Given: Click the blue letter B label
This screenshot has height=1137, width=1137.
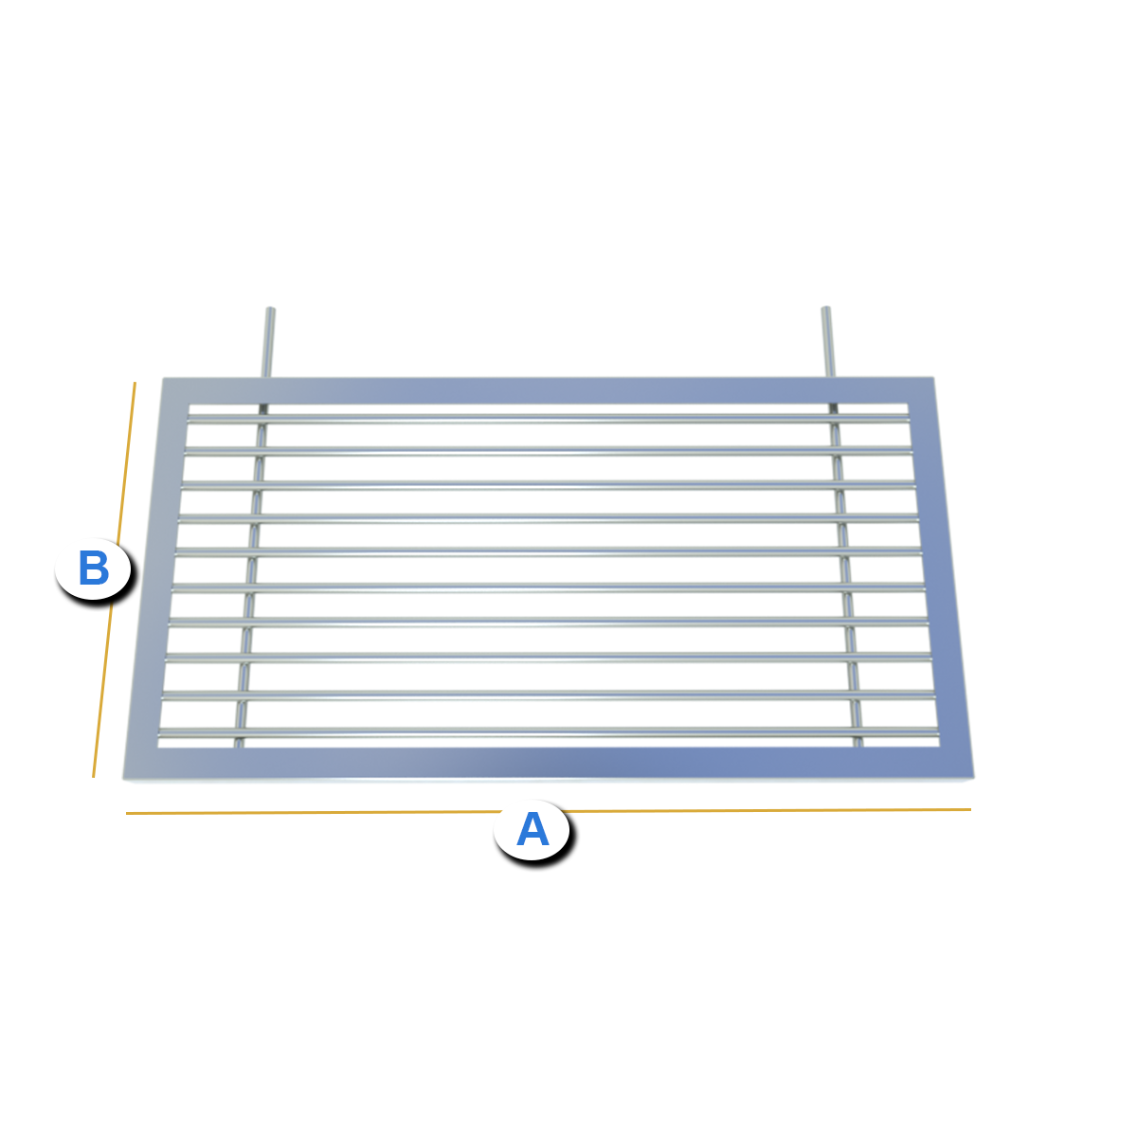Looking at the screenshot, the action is pos(93,568).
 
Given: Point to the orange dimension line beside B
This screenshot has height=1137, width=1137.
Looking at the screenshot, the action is pos(114,580).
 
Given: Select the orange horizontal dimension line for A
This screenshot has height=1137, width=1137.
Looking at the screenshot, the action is pos(549,811).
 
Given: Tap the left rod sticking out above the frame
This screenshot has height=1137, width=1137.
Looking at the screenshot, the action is pos(268,342).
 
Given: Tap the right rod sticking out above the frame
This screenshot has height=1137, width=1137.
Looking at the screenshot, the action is pos(828,341).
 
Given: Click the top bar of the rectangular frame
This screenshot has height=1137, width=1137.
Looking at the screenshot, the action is pos(548,390).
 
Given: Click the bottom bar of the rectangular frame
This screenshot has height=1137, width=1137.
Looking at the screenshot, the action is pos(549,763).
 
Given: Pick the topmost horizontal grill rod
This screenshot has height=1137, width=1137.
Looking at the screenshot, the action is pos(549,419).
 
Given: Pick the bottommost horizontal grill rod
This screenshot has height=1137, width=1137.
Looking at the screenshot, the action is pos(549,733).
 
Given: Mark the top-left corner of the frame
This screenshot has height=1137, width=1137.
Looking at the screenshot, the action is pos(163,378).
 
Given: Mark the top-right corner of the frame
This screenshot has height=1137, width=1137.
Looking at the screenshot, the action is pos(934,378).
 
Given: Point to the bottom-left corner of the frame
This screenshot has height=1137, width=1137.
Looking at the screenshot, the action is pos(123,779).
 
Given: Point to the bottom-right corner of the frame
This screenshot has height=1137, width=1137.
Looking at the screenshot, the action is pos(974,778).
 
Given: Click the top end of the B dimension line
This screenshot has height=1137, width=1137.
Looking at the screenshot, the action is pos(135,383).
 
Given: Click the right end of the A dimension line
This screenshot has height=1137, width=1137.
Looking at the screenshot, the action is pos(970,809).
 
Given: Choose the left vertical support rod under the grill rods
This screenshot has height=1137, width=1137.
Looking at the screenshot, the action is pos(252,575).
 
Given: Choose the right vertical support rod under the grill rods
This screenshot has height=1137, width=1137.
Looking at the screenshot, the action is pos(844,575).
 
